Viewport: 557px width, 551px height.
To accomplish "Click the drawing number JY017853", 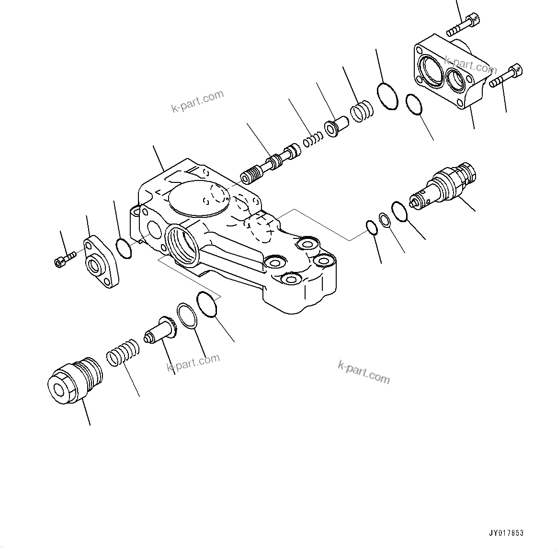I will [506, 533].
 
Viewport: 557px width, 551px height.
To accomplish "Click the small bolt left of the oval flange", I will [65, 259].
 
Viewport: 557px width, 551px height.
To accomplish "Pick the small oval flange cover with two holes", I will [99, 262].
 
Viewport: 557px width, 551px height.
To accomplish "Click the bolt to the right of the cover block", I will [506, 77].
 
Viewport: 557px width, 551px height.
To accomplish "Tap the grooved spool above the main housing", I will [271, 165].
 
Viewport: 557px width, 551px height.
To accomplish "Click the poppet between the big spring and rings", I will [161, 330].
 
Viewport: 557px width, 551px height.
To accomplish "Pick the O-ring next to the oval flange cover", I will [124, 248].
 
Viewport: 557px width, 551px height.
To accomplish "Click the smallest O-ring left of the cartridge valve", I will [372, 227].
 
